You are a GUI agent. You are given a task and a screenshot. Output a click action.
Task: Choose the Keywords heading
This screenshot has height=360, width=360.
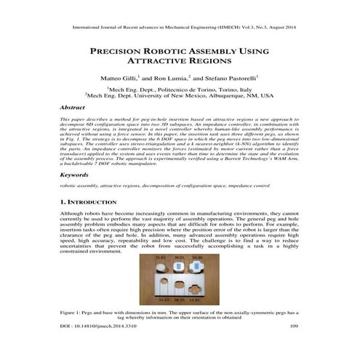coord(73,175)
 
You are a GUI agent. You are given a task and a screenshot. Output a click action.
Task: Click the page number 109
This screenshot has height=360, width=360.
coord(295,347)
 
